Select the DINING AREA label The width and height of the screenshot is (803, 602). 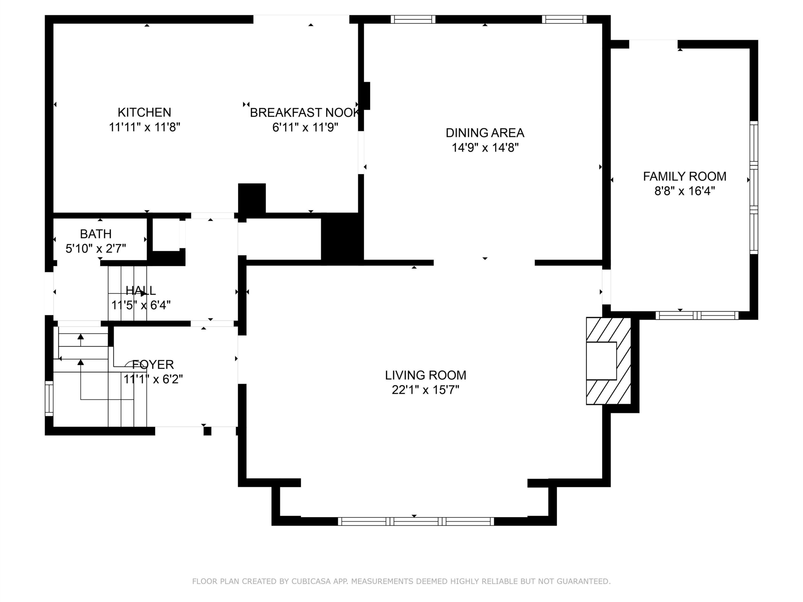tap(485, 133)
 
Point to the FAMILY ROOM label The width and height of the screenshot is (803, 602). tap(685, 176)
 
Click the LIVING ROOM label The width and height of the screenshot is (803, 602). tap(425, 375)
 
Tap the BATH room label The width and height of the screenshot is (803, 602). tap(96, 234)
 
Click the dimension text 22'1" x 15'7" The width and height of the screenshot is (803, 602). tap(425, 390)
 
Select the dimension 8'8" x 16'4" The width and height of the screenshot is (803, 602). tap(685, 191)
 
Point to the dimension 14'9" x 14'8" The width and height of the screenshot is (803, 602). tap(485, 148)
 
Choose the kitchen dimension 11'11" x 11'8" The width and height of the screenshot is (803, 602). tap(145, 127)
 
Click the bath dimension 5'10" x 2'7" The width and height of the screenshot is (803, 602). tap(96, 249)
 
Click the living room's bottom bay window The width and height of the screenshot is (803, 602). tap(416, 521)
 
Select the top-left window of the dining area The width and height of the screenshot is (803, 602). tap(413, 19)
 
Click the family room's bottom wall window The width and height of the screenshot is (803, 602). tap(697, 315)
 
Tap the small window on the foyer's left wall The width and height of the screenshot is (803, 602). tap(49, 398)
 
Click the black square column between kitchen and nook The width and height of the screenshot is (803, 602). tap(252, 198)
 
